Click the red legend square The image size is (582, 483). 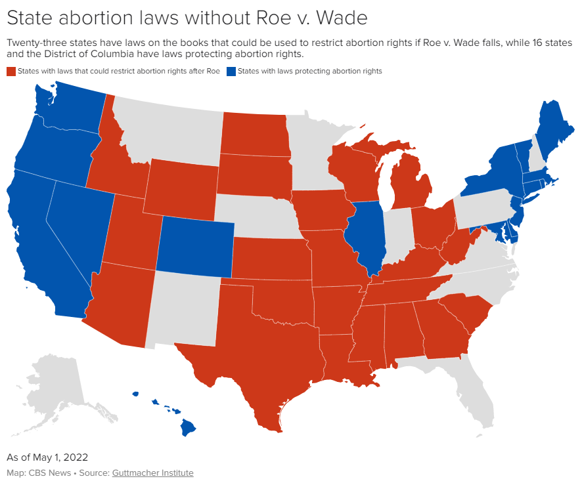coord(11,71)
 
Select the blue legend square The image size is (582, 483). coord(231,71)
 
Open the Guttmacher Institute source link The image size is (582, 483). coord(152,472)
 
